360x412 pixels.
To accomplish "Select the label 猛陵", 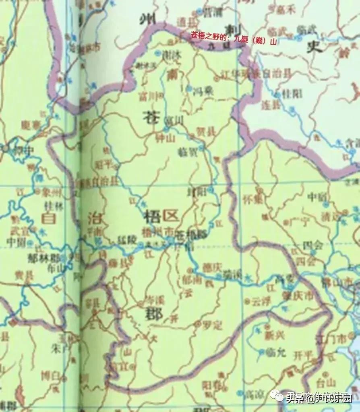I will click(125, 239).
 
